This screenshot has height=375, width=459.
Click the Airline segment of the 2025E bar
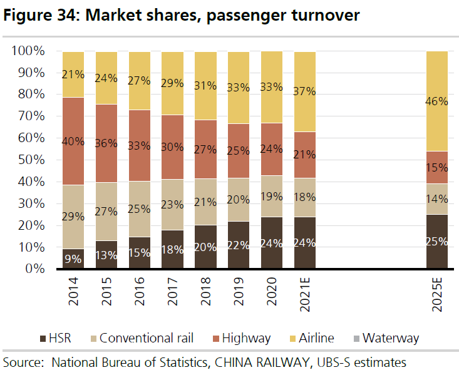[x=445, y=100]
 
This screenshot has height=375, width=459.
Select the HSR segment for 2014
[x=73, y=259]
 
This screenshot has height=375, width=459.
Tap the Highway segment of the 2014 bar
[x=73, y=141]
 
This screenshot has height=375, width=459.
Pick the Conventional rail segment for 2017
[x=172, y=204]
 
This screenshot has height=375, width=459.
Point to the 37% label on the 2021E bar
[x=304, y=91]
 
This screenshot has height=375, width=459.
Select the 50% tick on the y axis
[x=26, y=160]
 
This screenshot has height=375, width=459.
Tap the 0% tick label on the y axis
[x=30, y=269]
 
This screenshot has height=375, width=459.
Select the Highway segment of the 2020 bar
[x=271, y=149]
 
